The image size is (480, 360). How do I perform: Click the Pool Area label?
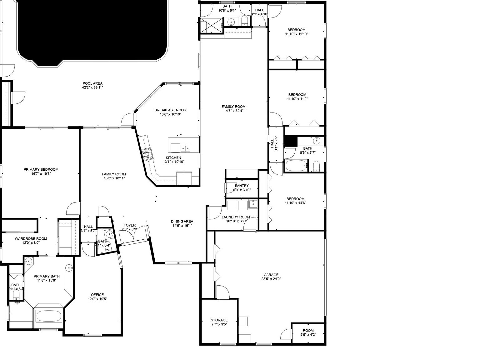pos(92,83)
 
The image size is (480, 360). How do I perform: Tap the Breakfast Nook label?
pos(170,110)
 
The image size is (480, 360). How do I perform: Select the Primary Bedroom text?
pos(41,170)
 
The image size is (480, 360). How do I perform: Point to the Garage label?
pos(271,275)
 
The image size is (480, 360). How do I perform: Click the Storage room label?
pos(219,320)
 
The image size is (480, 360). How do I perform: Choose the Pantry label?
pos(242,186)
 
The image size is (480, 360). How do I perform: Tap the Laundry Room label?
pos(236,217)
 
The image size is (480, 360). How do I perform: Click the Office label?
pos(97,295)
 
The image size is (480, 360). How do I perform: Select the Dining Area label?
pos(182,222)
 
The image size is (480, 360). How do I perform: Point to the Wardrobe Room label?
pos(31,239)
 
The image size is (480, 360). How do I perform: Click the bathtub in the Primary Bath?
pos(49,316)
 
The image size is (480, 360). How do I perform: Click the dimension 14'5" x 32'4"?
pos(233,111)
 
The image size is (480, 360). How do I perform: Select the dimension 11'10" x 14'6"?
pos(295,203)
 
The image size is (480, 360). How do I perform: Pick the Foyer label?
pos(129,225)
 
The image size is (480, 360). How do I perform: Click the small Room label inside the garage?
pos(308,331)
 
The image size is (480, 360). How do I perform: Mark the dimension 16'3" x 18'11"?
pos(114,178)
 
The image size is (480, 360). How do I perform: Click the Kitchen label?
pos(173,158)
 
